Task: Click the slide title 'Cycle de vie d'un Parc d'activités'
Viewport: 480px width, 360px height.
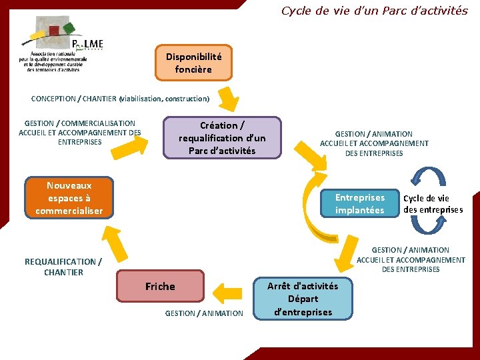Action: (x=374, y=11)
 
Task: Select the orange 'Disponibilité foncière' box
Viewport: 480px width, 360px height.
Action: (x=193, y=63)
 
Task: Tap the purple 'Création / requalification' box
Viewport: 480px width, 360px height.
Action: (x=222, y=138)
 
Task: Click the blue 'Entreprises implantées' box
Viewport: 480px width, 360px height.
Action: (x=359, y=204)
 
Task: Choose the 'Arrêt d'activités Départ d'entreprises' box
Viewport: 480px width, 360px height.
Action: (x=303, y=299)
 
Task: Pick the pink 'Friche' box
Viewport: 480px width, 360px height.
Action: (x=160, y=287)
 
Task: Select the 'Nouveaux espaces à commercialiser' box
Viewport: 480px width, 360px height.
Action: (x=69, y=198)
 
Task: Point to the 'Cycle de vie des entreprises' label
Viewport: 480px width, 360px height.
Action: (x=432, y=204)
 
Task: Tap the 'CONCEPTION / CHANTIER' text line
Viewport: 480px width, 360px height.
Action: (x=120, y=99)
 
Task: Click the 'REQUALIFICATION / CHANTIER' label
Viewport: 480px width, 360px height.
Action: (x=63, y=267)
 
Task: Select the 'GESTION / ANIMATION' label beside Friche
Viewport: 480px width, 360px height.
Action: (x=204, y=313)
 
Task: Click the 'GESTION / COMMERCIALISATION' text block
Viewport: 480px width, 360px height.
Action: (x=79, y=133)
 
